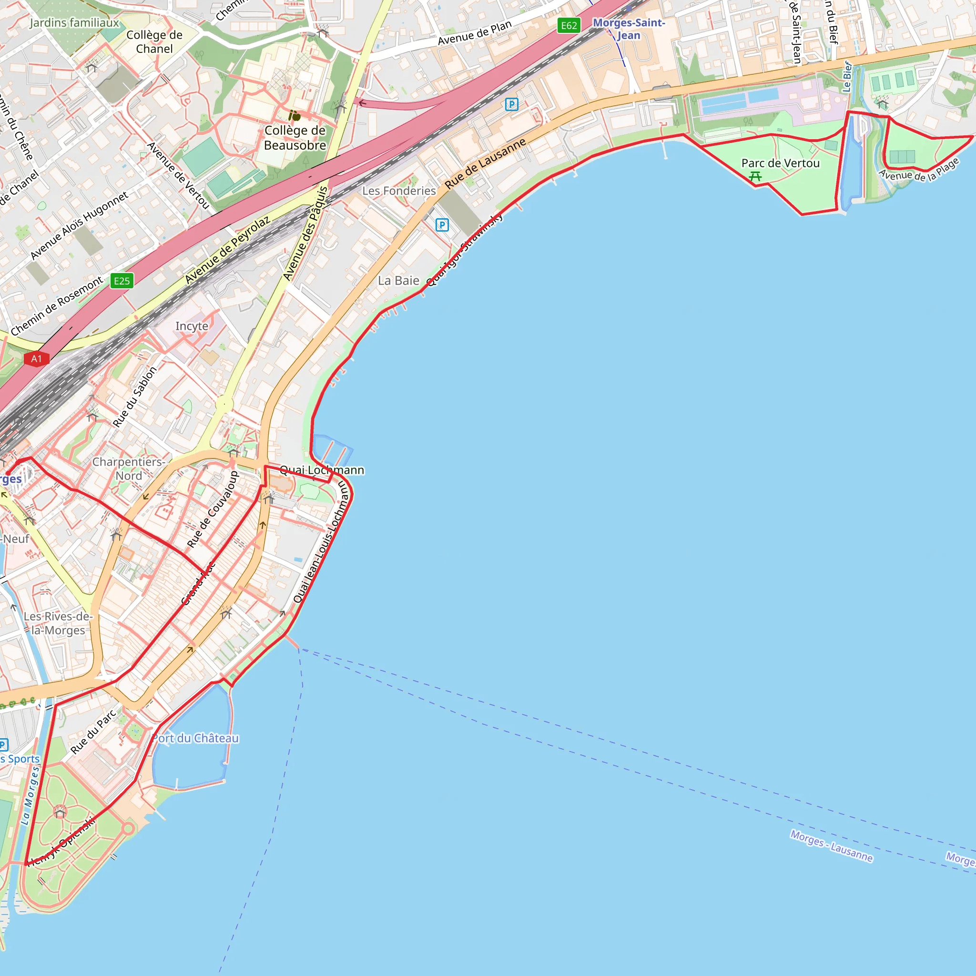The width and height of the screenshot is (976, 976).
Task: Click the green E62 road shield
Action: point(569,26)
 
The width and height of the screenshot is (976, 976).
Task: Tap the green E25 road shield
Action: point(122,281)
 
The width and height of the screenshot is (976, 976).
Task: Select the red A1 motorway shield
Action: point(36,359)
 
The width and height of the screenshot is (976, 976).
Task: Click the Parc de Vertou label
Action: point(780,163)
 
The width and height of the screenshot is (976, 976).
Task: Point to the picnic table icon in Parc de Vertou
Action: point(755,176)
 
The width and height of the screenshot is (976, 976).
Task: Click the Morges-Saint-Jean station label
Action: point(629,29)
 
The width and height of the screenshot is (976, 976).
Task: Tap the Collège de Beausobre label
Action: point(295,138)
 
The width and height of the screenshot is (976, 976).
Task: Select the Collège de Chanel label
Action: point(154,42)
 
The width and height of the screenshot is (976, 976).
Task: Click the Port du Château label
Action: point(195,738)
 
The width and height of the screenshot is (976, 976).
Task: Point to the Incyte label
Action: point(192,326)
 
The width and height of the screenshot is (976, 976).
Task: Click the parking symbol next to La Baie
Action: point(442,225)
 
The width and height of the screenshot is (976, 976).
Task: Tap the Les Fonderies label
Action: point(398,191)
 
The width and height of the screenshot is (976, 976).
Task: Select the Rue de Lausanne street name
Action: point(485,163)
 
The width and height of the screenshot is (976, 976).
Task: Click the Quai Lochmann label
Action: point(322,470)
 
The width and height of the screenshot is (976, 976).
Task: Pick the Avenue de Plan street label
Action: point(474,33)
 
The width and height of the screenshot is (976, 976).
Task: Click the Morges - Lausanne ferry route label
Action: point(831,846)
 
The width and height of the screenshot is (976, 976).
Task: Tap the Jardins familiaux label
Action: point(74,23)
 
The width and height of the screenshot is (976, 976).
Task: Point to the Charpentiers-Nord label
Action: point(129,469)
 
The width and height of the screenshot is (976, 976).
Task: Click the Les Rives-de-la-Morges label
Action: point(58,623)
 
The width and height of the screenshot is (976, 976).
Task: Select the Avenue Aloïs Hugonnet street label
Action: point(79,225)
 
